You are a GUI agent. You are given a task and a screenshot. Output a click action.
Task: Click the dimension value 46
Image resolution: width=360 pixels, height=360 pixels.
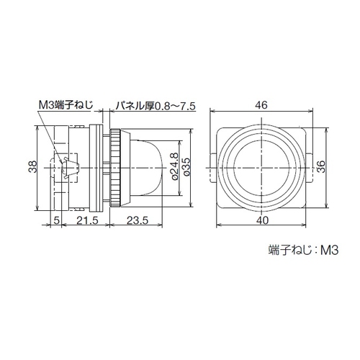(261, 105)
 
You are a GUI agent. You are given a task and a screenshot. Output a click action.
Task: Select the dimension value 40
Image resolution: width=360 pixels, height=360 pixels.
(261, 220)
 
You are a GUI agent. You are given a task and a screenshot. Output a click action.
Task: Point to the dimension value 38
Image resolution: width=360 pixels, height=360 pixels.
(33, 166)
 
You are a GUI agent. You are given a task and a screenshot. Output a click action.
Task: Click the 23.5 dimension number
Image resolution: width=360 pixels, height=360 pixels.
(138, 220)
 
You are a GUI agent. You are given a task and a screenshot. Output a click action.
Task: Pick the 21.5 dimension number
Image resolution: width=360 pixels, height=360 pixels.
(87, 220)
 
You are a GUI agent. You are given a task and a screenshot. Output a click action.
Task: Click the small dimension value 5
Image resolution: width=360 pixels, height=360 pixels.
(56, 220)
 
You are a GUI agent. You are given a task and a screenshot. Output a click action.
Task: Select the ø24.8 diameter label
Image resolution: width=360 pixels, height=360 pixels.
(175, 166)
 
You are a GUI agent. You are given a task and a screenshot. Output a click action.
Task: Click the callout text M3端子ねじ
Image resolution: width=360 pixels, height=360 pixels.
(66, 105)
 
